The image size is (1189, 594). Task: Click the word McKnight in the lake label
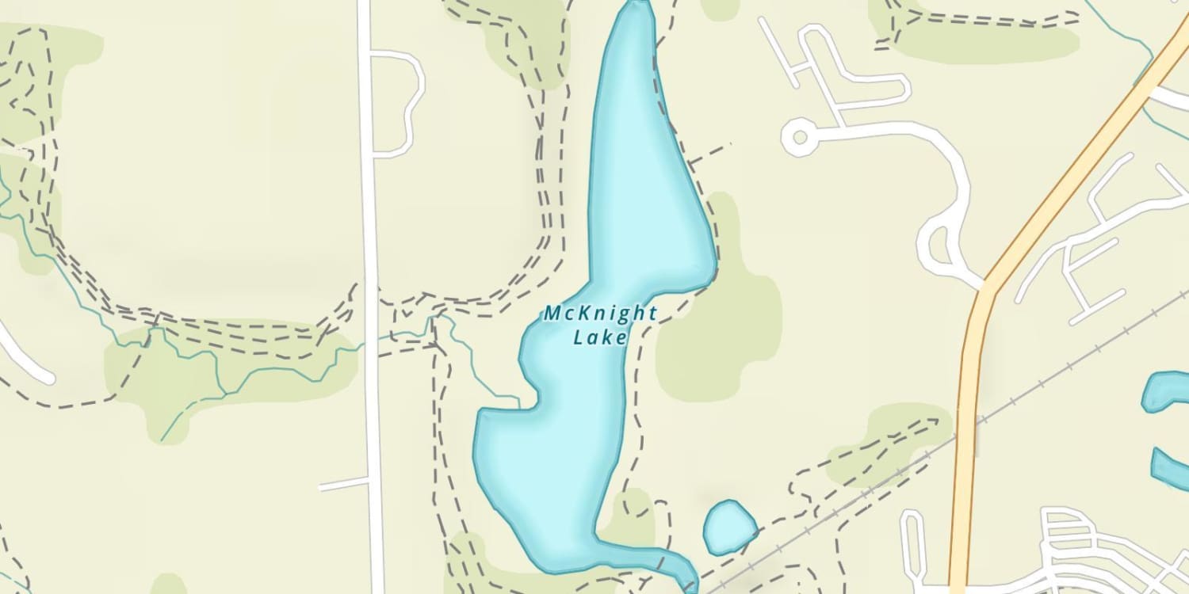click(600, 314)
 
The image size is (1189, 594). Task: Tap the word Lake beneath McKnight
click(600, 338)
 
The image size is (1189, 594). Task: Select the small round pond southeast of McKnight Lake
click(729, 527)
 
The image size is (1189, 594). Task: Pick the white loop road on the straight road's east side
click(414, 103)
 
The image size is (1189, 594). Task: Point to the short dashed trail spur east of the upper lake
click(709, 154)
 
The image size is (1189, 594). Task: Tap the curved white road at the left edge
click(24, 356)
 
